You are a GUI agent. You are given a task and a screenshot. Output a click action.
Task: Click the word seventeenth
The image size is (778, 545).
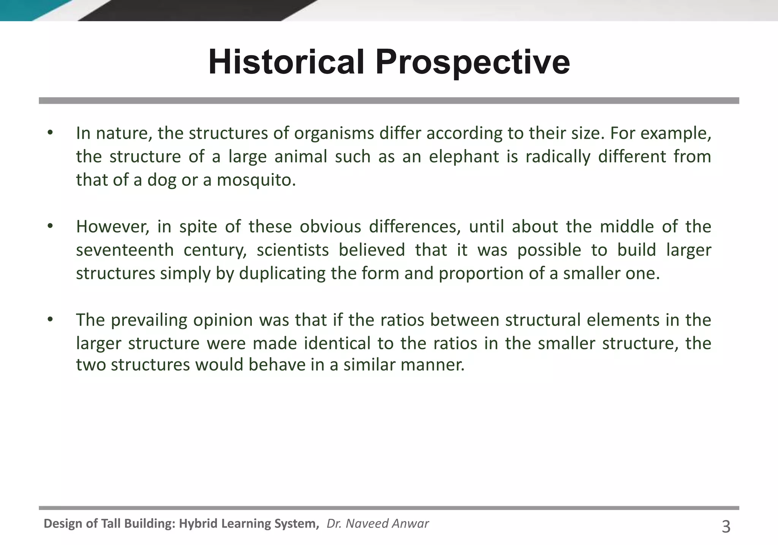coord(125,250)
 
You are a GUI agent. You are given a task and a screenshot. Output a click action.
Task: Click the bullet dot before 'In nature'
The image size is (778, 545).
coord(50,133)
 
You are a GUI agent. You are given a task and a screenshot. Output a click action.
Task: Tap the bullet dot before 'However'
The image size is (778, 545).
coord(50,227)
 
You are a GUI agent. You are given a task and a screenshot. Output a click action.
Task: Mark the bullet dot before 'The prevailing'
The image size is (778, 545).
coord(50,320)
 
